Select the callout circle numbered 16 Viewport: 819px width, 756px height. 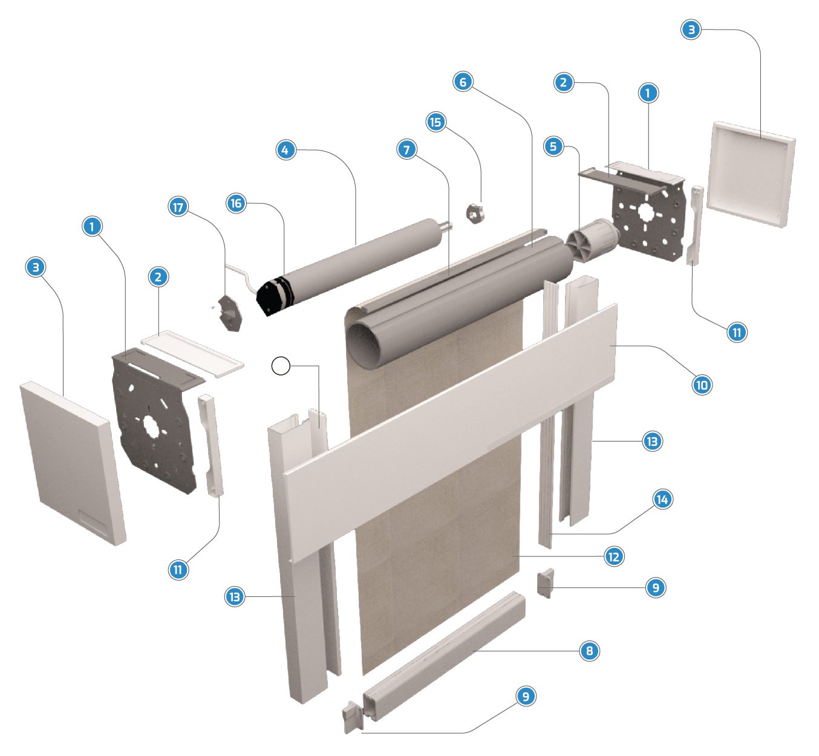[x=236, y=203]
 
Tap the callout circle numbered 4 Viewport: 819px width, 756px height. [x=285, y=150]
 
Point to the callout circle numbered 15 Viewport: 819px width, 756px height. [x=435, y=122]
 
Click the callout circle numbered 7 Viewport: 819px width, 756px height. [x=407, y=149]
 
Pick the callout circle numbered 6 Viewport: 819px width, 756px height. [x=463, y=82]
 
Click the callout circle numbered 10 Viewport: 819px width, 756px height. [x=702, y=385]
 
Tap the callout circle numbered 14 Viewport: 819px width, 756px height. [x=662, y=499]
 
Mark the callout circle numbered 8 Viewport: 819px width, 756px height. [x=589, y=651]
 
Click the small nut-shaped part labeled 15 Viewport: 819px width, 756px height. [x=475, y=213]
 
